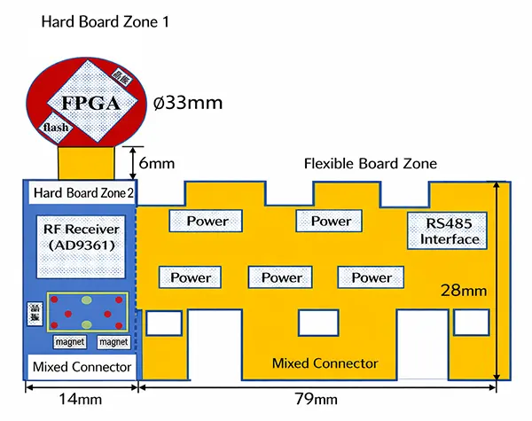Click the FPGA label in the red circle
[x=90, y=103]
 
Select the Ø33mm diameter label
[x=186, y=103]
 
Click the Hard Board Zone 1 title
[x=104, y=20]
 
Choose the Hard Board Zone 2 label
[x=82, y=191]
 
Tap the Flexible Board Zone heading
[x=370, y=164]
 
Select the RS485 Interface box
[x=449, y=231]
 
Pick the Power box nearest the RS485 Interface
[x=331, y=222]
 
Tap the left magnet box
[x=69, y=341]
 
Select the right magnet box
[x=113, y=341]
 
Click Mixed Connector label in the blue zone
[x=82, y=367]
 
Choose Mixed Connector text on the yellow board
[x=325, y=363]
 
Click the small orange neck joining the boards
[x=87, y=162]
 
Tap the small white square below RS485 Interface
[x=466, y=323]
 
